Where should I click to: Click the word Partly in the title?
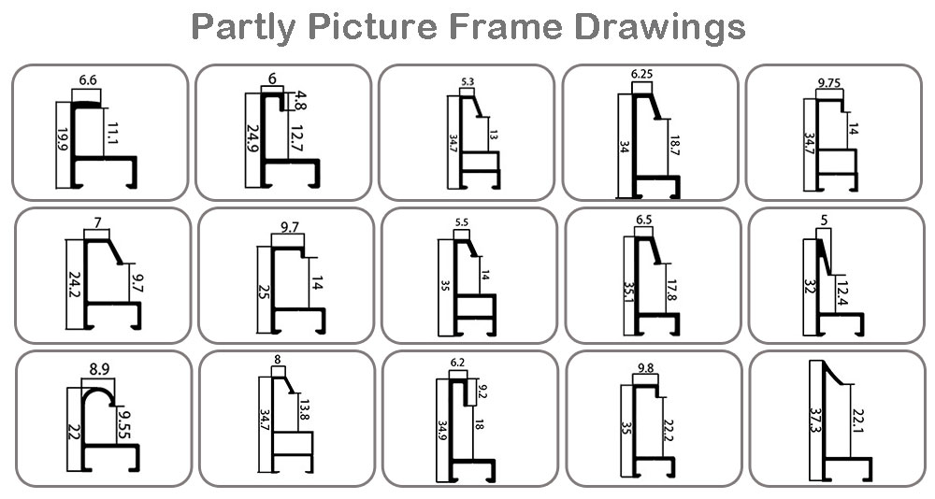pyautogui.click(x=243, y=27)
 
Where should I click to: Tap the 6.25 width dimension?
pyautogui.click(x=641, y=75)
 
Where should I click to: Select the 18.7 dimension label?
pyautogui.click(x=674, y=145)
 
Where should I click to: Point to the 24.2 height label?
pyautogui.click(x=75, y=286)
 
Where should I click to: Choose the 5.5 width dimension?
pyautogui.click(x=462, y=222)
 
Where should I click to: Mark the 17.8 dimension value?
pyautogui.click(x=672, y=290)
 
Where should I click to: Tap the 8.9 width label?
pyautogui.click(x=99, y=370)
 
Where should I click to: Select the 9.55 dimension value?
pyautogui.click(x=124, y=421)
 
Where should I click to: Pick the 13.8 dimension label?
pyautogui.click(x=305, y=409)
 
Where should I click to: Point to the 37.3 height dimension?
pyautogui.click(x=815, y=421)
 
